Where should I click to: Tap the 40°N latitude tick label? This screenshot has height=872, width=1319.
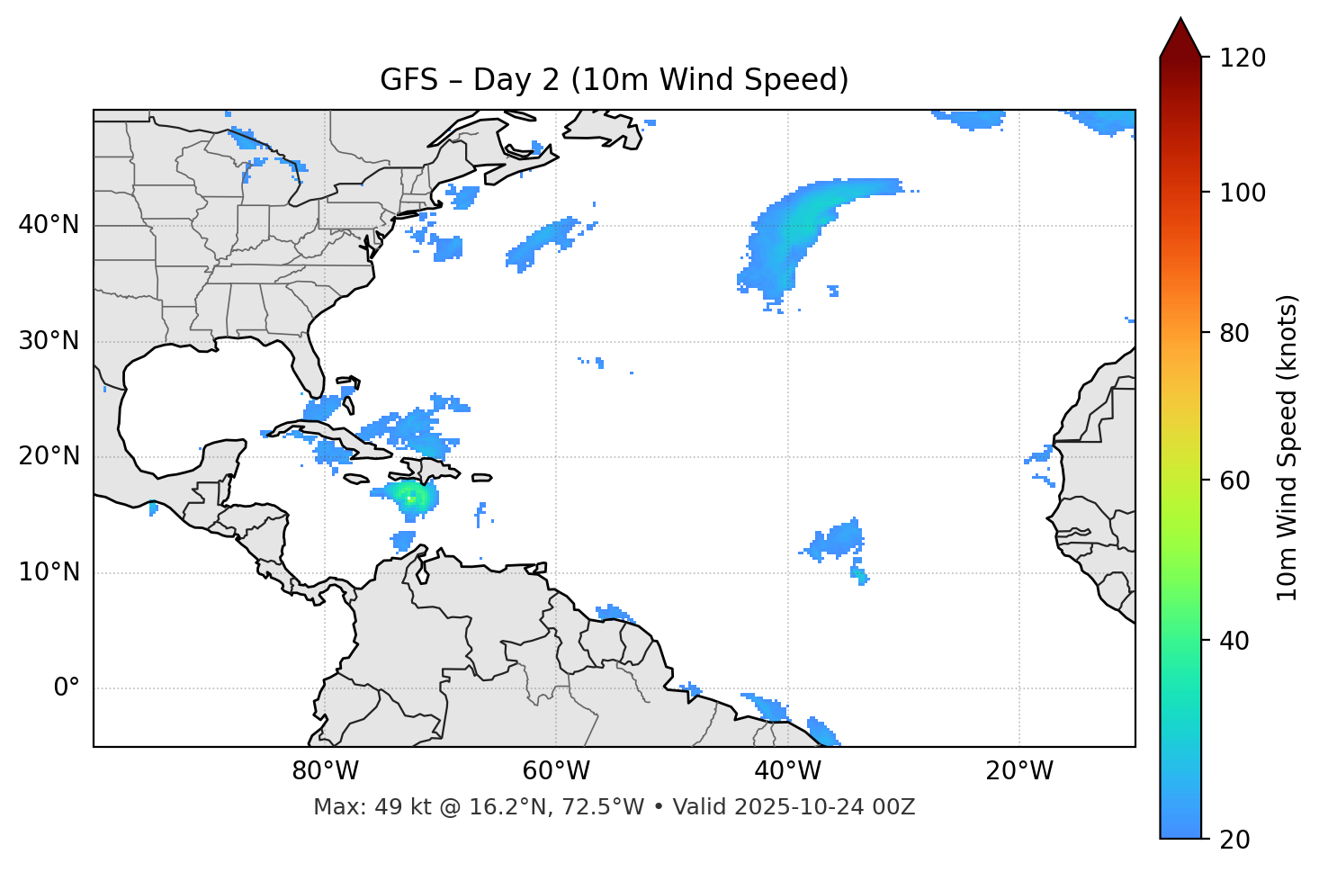click(x=49, y=225)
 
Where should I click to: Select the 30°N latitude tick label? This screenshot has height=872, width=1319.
click(x=49, y=341)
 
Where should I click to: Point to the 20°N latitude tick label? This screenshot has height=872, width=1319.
click(x=49, y=456)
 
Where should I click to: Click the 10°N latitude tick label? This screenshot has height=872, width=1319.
click(x=49, y=572)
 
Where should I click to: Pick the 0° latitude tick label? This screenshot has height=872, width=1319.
click(x=67, y=688)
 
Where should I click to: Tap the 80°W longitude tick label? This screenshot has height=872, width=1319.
click(x=325, y=771)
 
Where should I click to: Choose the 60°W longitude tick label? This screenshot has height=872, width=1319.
click(x=556, y=771)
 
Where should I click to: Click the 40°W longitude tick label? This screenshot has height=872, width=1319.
click(x=788, y=771)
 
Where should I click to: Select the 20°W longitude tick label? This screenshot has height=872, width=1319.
click(x=1019, y=771)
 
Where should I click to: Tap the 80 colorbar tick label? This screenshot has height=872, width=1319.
click(x=1239, y=333)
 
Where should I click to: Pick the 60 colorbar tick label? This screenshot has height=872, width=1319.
click(x=1239, y=481)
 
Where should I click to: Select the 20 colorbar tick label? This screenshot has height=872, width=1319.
click(x=1239, y=840)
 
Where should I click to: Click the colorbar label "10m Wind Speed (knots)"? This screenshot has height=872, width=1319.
click(x=1288, y=448)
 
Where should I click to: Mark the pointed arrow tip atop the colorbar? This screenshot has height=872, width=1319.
click(x=1180, y=20)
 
